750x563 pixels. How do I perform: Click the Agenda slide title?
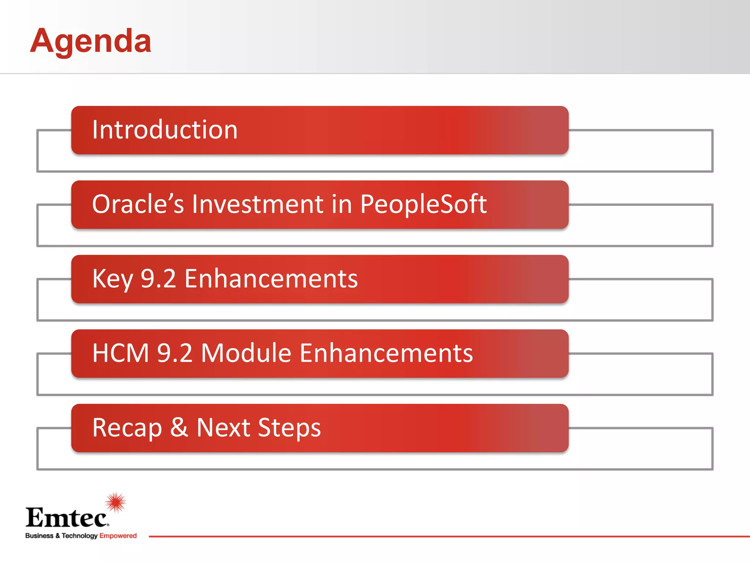90,41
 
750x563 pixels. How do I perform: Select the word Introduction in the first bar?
165,130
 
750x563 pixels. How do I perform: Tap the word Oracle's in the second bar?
138,204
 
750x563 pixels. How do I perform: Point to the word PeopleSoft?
423,204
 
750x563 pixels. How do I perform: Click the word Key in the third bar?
112,279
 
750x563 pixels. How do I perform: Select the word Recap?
127,428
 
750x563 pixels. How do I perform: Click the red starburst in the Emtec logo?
116,502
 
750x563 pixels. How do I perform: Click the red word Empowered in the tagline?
118,536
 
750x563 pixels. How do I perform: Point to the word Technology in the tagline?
79,536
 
